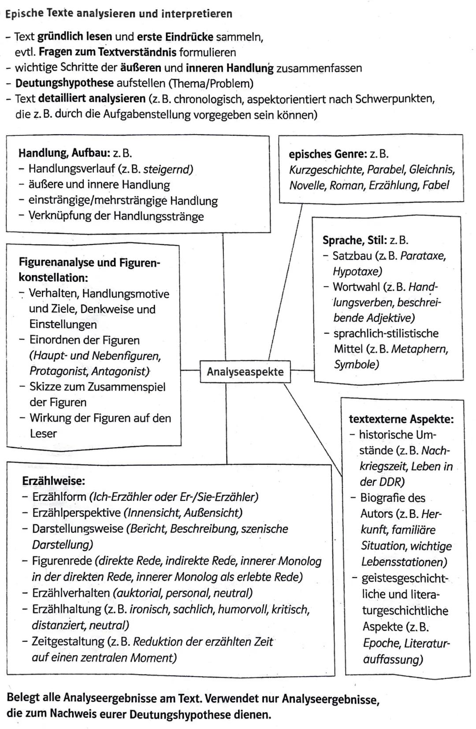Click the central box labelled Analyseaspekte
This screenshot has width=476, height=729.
[245, 371]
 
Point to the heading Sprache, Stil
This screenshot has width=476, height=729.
[354, 240]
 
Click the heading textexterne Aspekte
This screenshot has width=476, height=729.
[401, 419]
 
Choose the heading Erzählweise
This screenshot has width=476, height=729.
[54, 481]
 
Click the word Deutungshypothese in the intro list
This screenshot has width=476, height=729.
[64, 83]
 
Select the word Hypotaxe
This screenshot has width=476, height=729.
[357, 271]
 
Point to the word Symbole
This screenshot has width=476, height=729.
[356, 364]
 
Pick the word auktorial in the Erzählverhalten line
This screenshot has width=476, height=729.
[138, 593]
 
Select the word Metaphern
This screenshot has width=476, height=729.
[419, 349]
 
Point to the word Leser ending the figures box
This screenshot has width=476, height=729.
[43, 434]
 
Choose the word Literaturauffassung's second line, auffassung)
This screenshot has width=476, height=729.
[393, 659]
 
